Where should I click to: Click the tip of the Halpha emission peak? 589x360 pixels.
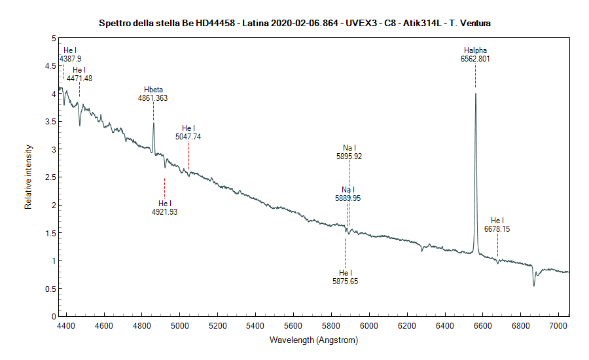click(475, 94)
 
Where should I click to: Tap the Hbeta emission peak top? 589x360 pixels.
click(153, 123)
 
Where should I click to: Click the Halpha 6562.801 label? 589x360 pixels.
click(475, 54)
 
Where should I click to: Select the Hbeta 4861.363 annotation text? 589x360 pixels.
click(152, 94)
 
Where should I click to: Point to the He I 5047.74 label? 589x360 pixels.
click(188, 132)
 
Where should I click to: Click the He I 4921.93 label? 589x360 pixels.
click(164, 207)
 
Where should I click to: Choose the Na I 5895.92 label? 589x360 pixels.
click(349, 153)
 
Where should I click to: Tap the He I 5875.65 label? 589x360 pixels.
click(345, 277)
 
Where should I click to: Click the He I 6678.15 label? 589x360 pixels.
click(497, 225)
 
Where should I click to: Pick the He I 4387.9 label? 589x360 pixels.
click(70, 54)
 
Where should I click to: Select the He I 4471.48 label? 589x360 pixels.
click(79, 74)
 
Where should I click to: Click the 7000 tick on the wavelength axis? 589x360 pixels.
click(558, 324)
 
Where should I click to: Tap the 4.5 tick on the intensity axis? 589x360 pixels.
click(48, 66)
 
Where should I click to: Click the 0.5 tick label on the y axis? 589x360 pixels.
click(48, 289)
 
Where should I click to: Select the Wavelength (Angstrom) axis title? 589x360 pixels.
click(313, 340)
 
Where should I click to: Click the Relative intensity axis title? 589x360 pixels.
click(28, 177)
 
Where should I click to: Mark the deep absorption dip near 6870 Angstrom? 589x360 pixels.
click(534, 285)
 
